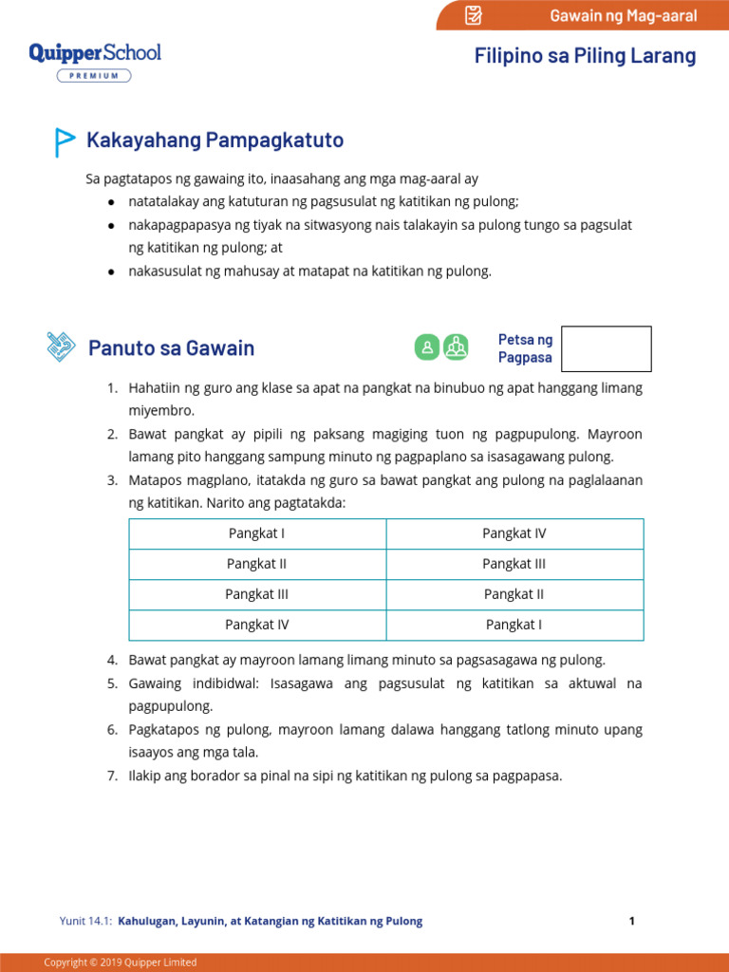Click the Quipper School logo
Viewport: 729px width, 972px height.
point(95,53)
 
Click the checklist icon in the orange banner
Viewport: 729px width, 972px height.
point(474,15)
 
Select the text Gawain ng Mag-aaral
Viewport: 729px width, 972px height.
point(623,15)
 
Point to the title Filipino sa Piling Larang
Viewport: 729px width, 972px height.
point(585,56)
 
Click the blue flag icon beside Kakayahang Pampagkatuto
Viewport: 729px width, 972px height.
point(64,141)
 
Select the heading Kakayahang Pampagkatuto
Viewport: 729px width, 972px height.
point(215,140)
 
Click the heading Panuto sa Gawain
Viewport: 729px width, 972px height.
point(171,347)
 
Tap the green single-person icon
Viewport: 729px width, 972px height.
point(427,347)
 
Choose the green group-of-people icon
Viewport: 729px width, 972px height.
point(457,347)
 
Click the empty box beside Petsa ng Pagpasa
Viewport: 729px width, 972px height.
point(606,348)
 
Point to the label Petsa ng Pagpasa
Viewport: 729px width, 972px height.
point(525,348)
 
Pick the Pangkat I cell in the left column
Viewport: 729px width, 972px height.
point(257,533)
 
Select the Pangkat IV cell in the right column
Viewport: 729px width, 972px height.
point(514,533)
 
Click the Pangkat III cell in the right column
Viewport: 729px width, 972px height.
point(514,564)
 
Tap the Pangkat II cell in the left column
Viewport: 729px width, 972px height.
point(257,564)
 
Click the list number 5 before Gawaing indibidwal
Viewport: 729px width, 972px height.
point(111,683)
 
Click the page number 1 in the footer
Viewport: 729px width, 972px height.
point(631,921)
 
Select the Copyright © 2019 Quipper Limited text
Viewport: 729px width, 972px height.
point(121,963)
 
